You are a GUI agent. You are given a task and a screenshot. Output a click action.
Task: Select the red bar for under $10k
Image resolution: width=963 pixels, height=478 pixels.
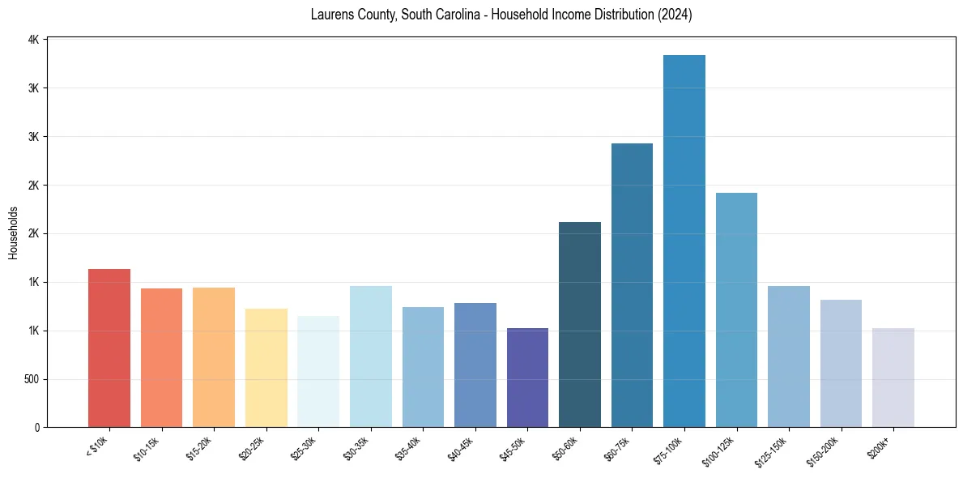(x=109, y=348)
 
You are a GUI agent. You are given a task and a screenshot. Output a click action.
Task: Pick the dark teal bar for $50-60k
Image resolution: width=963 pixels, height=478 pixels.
(x=580, y=324)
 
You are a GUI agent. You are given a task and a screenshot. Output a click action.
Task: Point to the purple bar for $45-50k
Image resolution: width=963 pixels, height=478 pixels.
(x=527, y=378)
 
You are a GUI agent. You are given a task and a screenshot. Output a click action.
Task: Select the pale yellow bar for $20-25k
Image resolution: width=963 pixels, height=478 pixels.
(x=266, y=368)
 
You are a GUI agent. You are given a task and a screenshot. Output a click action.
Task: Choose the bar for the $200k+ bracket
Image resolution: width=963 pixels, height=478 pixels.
(x=893, y=378)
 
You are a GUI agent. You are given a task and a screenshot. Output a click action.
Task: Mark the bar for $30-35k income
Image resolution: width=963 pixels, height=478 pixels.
(x=371, y=356)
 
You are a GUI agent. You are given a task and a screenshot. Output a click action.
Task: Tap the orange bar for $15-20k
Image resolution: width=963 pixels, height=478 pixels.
(x=214, y=357)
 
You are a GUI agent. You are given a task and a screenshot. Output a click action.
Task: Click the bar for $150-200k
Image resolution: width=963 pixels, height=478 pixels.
(x=841, y=363)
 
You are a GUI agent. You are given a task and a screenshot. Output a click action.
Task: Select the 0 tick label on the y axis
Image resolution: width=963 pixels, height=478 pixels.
(x=36, y=428)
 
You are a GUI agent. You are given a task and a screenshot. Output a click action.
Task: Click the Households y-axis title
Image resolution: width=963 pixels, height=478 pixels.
(x=14, y=233)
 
